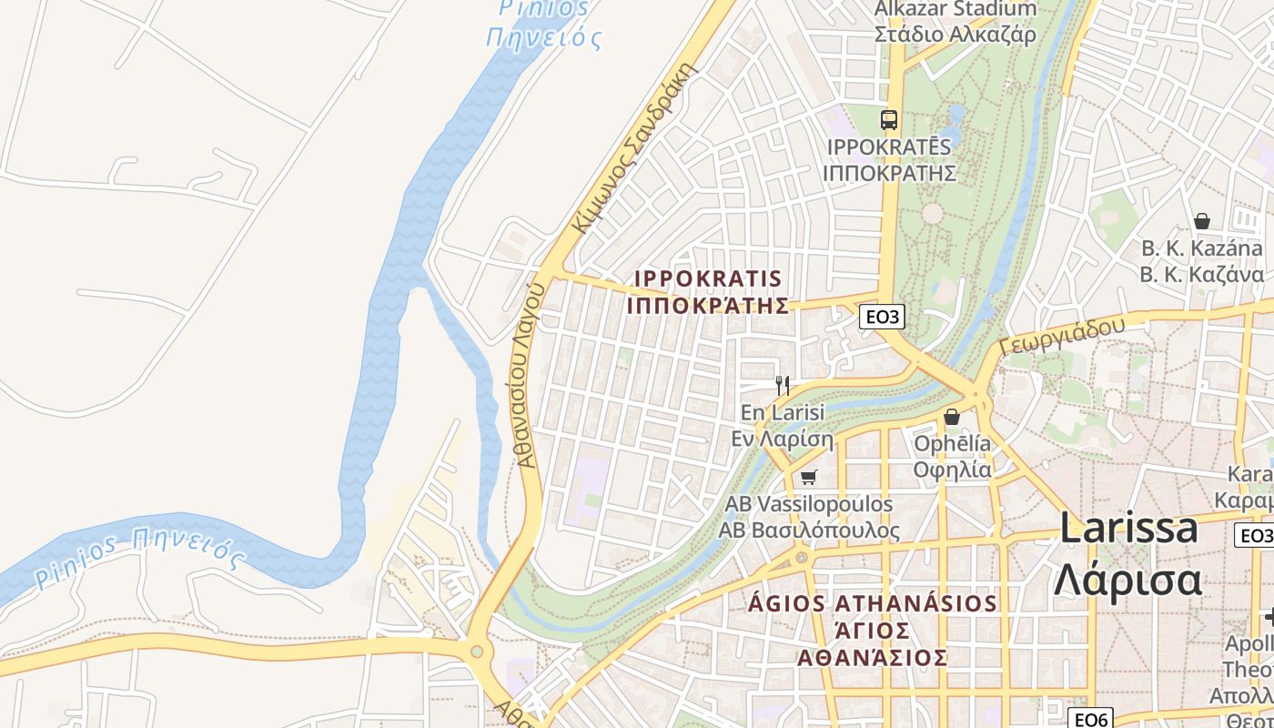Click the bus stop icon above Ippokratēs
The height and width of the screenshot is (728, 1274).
888,120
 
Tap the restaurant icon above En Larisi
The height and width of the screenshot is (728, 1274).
782,385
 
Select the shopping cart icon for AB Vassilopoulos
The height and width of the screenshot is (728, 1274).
808,477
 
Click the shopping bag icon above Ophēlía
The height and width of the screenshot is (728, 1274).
952,417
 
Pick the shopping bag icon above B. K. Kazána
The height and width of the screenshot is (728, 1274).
1201,221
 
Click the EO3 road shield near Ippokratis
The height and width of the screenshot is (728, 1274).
883,317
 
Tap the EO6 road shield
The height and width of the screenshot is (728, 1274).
1088,719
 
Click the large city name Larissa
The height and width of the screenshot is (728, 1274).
1128,528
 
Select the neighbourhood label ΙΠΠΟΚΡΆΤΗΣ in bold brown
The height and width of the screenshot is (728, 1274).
707,306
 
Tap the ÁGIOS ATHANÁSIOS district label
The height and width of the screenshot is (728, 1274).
873,604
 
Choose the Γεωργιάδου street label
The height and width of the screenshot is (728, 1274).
1062,336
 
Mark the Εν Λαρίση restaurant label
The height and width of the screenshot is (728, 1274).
783,440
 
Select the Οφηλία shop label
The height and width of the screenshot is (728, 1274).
952,470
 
